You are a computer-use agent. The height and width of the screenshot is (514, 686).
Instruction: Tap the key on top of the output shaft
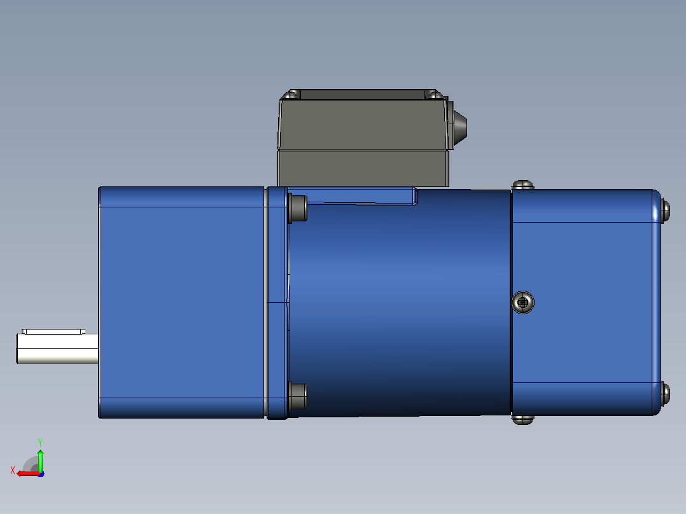point(53,331)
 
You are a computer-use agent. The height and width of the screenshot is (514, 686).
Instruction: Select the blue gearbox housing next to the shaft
point(181,302)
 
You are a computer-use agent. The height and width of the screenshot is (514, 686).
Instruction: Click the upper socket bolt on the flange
point(298,208)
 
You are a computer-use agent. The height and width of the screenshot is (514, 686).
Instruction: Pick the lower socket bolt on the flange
point(298,396)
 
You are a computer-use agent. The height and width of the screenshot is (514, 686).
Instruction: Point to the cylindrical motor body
point(399,302)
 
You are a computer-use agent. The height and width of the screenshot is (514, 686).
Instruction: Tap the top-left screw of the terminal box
point(292,95)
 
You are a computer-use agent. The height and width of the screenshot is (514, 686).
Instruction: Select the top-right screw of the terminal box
point(433,95)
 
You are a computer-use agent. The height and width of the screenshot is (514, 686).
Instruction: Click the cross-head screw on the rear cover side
point(523,302)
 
